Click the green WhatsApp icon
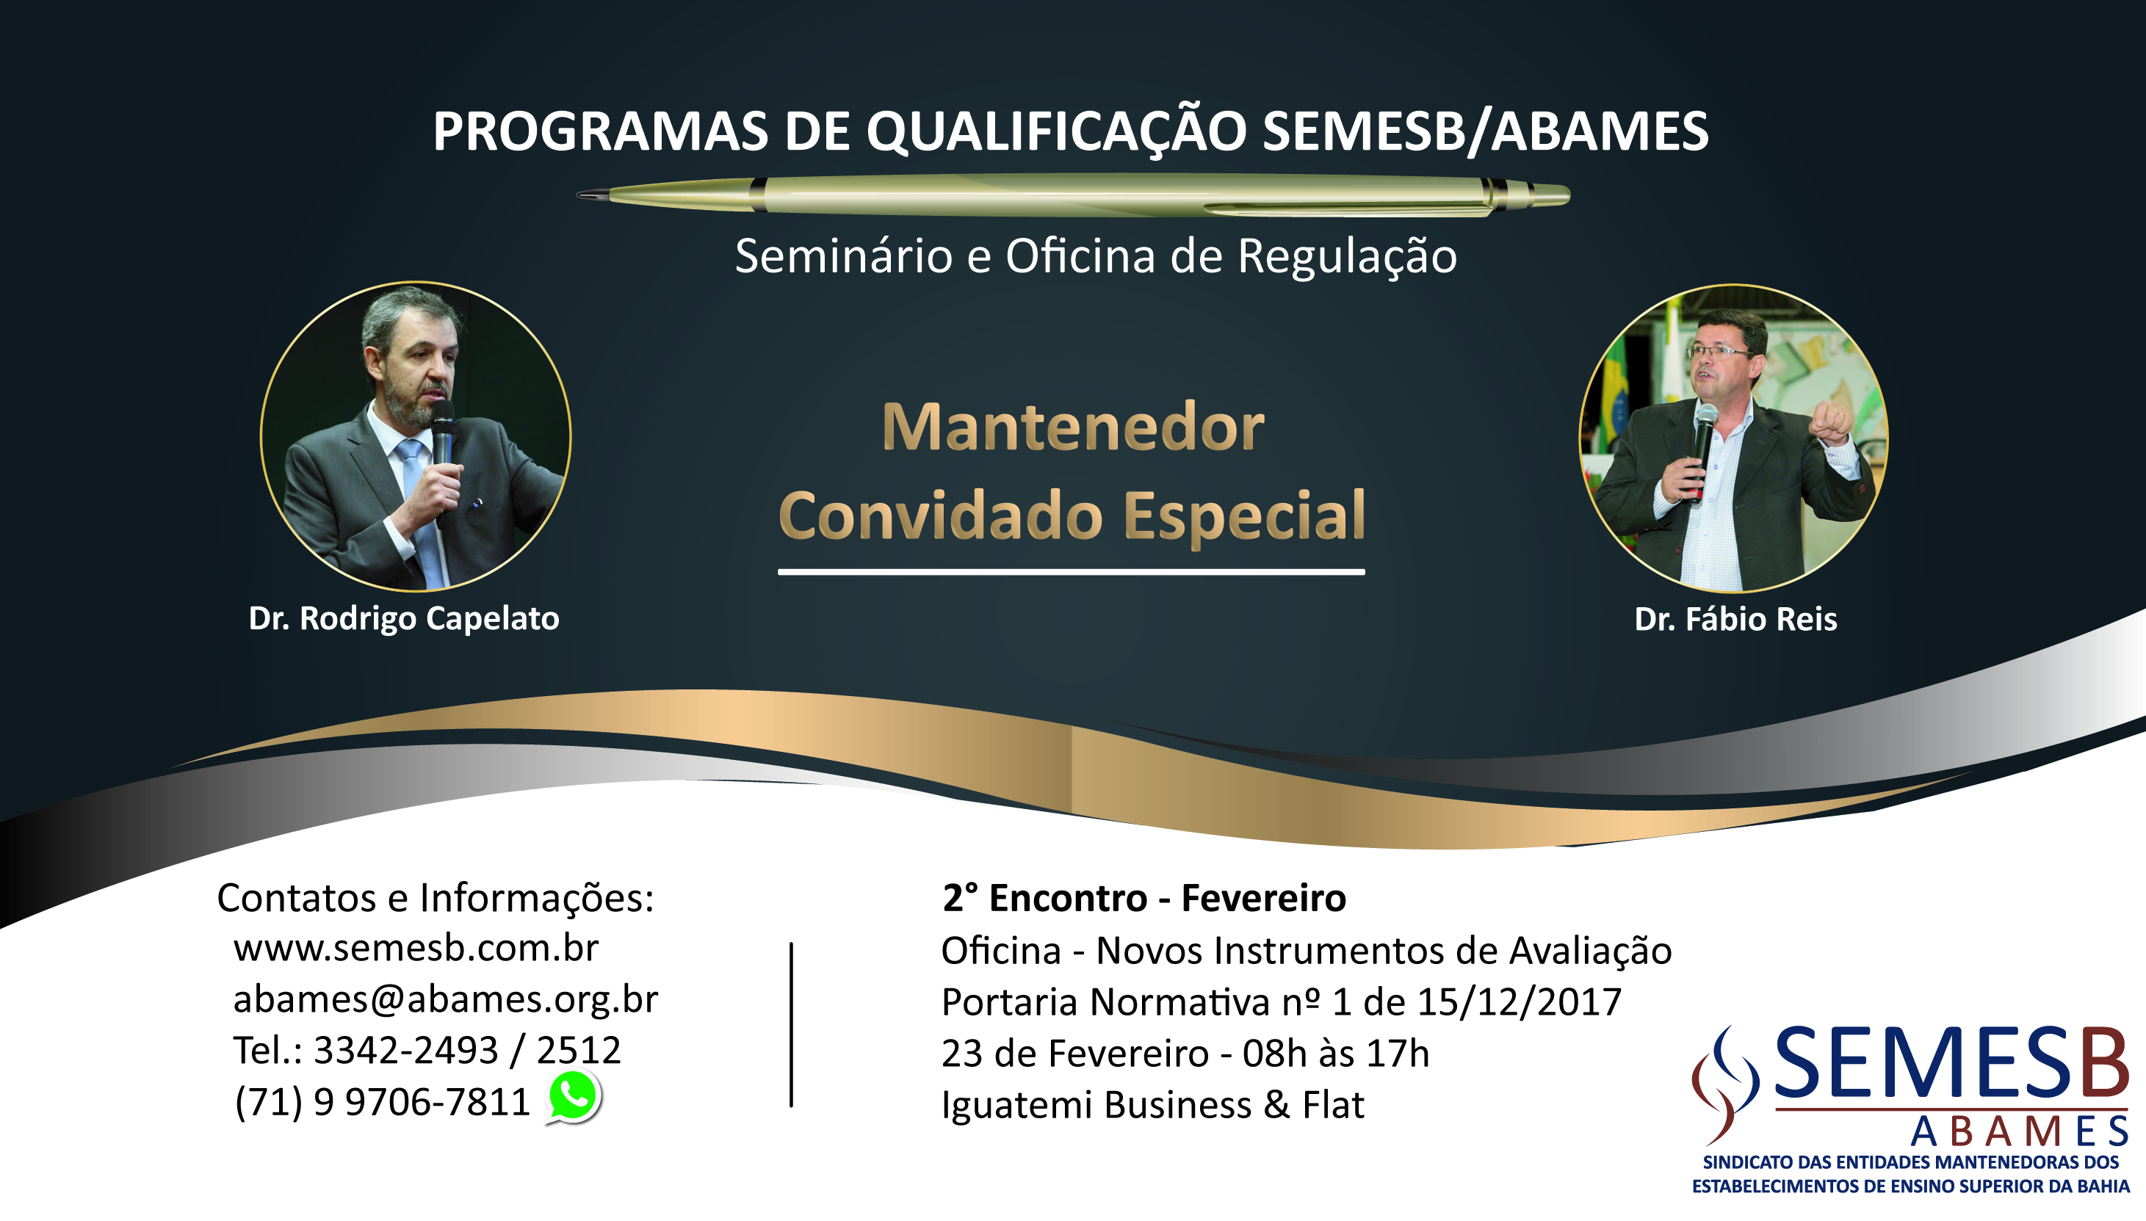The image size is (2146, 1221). (574, 1097)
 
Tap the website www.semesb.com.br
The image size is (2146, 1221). (416, 949)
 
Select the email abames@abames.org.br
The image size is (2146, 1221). (445, 999)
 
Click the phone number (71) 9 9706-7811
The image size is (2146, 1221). (382, 1102)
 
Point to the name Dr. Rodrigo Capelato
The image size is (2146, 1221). (403, 619)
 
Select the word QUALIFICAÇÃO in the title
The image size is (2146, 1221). (1056, 132)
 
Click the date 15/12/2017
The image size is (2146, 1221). (1519, 1002)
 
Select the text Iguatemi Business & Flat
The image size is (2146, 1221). (1152, 1105)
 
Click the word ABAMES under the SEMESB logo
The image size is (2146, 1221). (2020, 1132)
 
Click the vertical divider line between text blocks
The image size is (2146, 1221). (791, 1025)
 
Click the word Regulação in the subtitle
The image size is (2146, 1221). (1347, 258)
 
